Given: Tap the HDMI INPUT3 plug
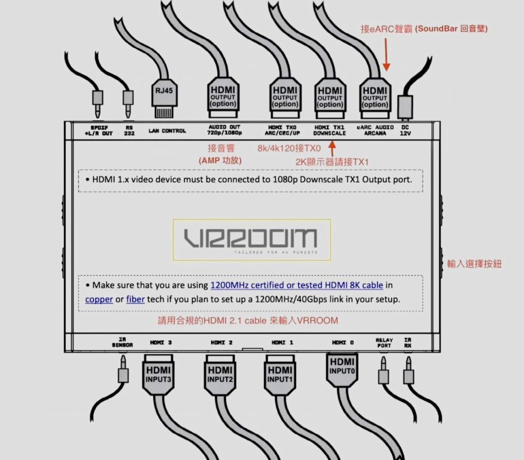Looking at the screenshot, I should (x=158, y=373).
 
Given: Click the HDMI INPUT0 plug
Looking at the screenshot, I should (x=342, y=370).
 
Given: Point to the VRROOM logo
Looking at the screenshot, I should (x=252, y=239).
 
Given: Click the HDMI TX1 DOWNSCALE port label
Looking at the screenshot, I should (x=331, y=130).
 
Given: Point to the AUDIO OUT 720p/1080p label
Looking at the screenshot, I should (x=223, y=130).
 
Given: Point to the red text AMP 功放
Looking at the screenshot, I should (x=218, y=160).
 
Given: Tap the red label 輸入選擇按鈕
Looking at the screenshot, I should (x=474, y=263).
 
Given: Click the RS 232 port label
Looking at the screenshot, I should (x=129, y=130).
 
